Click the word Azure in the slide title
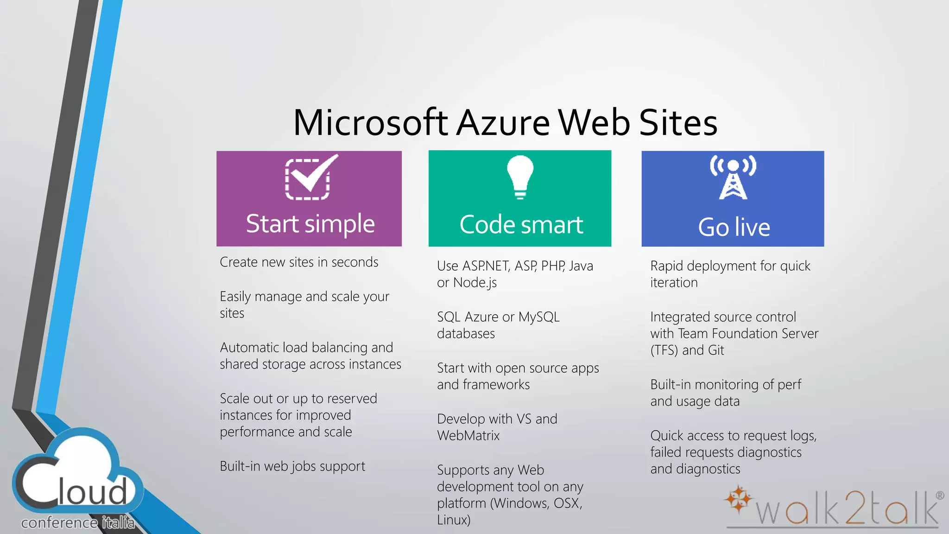click(x=503, y=123)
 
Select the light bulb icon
click(x=520, y=177)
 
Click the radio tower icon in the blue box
click(x=733, y=178)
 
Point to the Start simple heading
click(x=310, y=224)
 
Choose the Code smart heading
click(x=521, y=225)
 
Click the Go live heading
click(x=734, y=227)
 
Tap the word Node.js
click(x=475, y=283)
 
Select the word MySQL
click(x=539, y=317)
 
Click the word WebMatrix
click(x=468, y=436)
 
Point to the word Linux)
click(x=454, y=520)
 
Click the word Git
click(x=715, y=350)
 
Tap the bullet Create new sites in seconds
click(x=299, y=262)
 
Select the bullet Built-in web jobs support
click(x=292, y=466)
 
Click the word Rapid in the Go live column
click(x=667, y=266)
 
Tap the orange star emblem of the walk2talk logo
click(x=738, y=500)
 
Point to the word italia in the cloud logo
click(x=118, y=523)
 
